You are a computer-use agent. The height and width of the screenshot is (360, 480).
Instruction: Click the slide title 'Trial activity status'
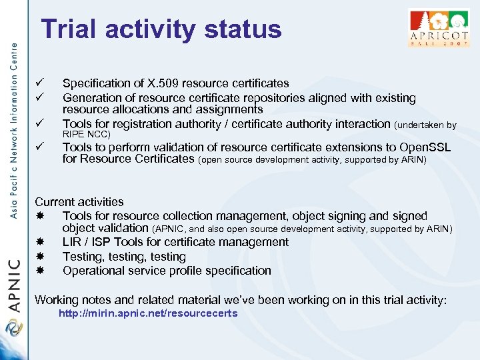coord(161,29)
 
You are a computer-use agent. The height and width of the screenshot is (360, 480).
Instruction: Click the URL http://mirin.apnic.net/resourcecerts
coord(148,313)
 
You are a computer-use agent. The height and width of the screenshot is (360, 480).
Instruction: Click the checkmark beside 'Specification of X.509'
coord(40,83)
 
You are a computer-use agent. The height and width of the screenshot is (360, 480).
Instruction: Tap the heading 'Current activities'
coord(79,202)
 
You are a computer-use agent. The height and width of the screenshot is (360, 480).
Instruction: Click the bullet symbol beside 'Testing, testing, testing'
coord(39,257)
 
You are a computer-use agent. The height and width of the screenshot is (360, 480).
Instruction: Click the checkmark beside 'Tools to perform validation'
coord(40,147)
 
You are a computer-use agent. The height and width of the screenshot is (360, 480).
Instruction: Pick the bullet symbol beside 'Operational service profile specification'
coord(39,271)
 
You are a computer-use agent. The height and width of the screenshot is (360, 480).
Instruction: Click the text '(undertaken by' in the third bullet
coord(426,125)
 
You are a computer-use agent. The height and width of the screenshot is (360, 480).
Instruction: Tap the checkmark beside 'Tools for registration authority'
coord(40,123)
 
